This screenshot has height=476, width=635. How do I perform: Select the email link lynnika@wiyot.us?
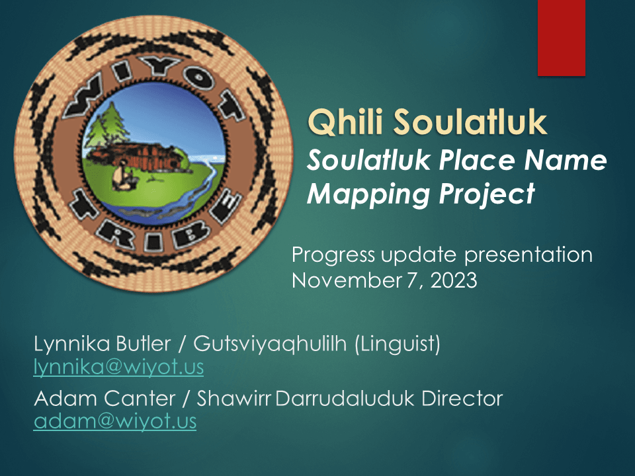point(118,366)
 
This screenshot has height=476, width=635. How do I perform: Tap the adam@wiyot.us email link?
point(115,421)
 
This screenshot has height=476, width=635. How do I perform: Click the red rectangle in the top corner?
point(562,38)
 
